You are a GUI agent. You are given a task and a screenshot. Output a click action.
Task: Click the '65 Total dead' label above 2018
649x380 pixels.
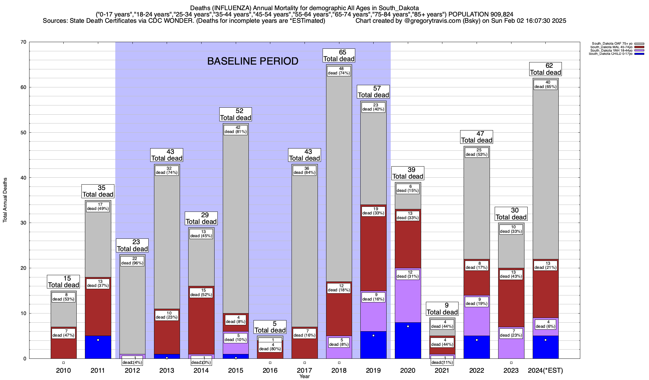[339, 55]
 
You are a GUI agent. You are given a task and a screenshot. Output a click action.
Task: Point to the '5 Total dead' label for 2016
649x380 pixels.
[270, 327]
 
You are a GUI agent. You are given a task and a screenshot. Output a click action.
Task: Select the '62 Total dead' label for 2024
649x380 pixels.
[545, 69]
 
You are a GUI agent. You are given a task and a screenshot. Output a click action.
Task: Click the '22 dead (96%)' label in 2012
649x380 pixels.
[132, 261]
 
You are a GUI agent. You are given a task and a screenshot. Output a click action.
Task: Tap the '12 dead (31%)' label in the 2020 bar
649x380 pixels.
[408, 274]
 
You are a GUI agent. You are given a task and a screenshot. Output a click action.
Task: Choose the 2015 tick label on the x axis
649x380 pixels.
[236, 370]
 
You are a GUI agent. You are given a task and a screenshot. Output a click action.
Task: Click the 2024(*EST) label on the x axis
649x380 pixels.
[545, 370]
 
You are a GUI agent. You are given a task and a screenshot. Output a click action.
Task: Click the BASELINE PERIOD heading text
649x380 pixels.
[253, 61]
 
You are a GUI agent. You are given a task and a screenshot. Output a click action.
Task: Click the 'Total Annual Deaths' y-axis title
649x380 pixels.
[5, 200]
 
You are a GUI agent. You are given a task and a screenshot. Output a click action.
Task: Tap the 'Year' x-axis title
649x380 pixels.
[305, 377]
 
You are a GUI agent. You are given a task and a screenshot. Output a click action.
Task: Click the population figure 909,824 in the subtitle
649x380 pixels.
[501, 15]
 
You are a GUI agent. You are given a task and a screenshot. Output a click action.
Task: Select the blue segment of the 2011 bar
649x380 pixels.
[98, 348]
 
